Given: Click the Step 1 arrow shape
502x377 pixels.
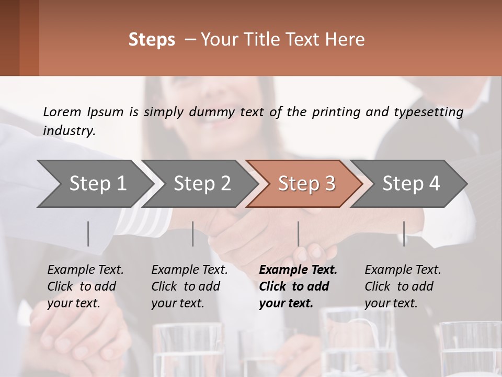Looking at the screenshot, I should [x=94, y=183].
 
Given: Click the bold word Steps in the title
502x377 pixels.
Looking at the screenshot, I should [x=152, y=40].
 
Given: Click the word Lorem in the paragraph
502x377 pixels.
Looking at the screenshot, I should [x=62, y=112].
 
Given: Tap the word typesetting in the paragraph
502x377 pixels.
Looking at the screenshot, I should [x=428, y=112].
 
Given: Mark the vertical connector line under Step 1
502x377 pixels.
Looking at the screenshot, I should [x=88, y=234].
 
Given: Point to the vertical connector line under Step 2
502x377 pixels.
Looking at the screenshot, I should [x=193, y=234].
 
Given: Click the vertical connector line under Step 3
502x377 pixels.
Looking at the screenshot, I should [x=298, y=234].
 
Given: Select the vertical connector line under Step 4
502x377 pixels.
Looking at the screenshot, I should [x=404, y=234].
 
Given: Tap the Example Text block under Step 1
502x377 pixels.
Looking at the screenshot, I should [x=85, y=286].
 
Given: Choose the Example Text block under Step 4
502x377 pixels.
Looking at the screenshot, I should [x=402, y=286].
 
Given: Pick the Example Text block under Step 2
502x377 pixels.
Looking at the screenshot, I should [x=189, y=286].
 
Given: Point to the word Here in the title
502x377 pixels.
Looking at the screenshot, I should [x=347, y=40].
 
